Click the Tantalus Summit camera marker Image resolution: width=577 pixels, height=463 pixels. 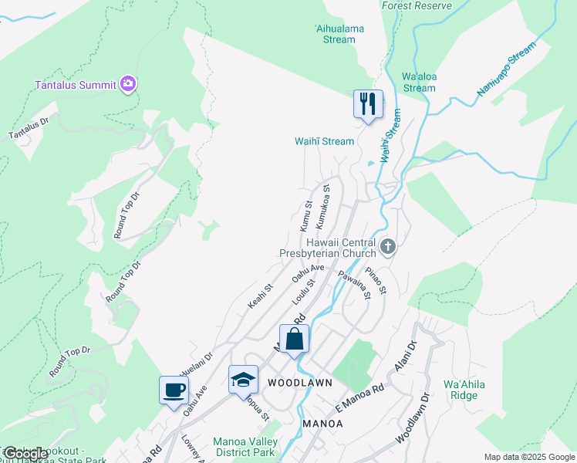[x=128, y=83]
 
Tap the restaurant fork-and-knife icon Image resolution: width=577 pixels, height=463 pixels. [x=368, y=103]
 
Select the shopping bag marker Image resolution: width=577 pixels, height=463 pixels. [x=294, y=339]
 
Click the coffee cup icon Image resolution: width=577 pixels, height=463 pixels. [x=174, y=389]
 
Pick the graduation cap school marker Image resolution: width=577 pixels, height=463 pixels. [x=242, y=379]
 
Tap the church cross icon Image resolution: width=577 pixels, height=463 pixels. [x=388, y=247]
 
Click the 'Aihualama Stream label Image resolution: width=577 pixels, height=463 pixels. [x=339, y=33]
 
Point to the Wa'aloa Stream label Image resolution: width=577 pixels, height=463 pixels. [x=419, y=82]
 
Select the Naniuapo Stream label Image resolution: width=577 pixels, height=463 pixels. [x=505, y=70]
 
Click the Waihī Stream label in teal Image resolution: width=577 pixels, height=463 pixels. [x=324, y=141]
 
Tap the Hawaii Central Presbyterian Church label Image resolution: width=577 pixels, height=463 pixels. [x=327, y=247]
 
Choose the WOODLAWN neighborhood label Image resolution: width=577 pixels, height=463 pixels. [x=299, y=383]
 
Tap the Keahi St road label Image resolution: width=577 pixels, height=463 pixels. [x=260, y=297]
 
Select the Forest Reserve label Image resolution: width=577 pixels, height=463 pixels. [x=416, y=5]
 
